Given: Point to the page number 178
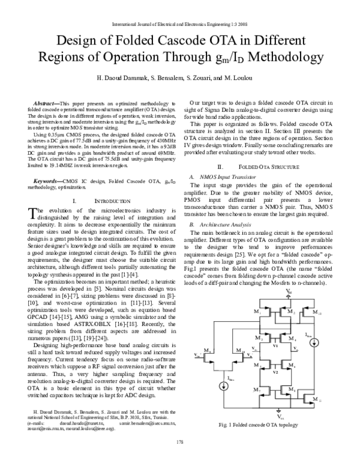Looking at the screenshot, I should click(x=180, y=459).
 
